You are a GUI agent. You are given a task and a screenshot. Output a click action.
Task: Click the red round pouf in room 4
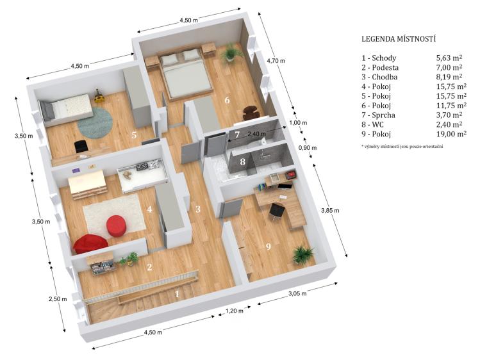[x=117, y=225]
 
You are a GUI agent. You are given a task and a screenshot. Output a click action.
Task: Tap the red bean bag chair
[x=90, y=244]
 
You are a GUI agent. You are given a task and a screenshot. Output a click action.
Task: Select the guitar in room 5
[x=98, y=95]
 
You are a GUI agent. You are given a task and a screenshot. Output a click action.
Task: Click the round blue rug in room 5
[x=95, y=123]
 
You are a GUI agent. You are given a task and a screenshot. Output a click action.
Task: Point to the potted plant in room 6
[x=231, y=53]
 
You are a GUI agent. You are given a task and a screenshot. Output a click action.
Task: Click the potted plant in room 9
[x=302, y=254]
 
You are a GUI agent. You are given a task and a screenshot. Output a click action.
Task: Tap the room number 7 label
[x=237, y=135]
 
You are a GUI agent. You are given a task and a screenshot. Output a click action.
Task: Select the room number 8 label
[x=242, y=161]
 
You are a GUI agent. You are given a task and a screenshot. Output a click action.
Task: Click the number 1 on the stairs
[x=177, y=294]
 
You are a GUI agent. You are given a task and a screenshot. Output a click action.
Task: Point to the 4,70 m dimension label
[x=276, y=61]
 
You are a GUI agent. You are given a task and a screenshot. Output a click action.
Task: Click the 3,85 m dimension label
[x=330, y=211]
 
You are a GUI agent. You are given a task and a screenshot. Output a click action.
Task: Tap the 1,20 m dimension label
[x=235, y=311]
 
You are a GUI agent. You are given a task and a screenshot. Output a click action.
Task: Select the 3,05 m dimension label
[x=297, y=293]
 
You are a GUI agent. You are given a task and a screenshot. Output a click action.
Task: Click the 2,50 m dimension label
[x=58, y=299]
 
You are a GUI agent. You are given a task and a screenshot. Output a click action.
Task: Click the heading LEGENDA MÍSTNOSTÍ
[x=399, y=39]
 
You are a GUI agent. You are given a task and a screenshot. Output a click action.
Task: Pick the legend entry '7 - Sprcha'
[x=378, y=115]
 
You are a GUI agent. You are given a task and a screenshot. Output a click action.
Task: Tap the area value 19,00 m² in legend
[x=451, y=134]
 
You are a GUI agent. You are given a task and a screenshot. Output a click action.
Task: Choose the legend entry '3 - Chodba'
[x=379, y=77]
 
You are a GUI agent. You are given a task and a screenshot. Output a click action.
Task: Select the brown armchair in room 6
[x=251, y=113]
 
